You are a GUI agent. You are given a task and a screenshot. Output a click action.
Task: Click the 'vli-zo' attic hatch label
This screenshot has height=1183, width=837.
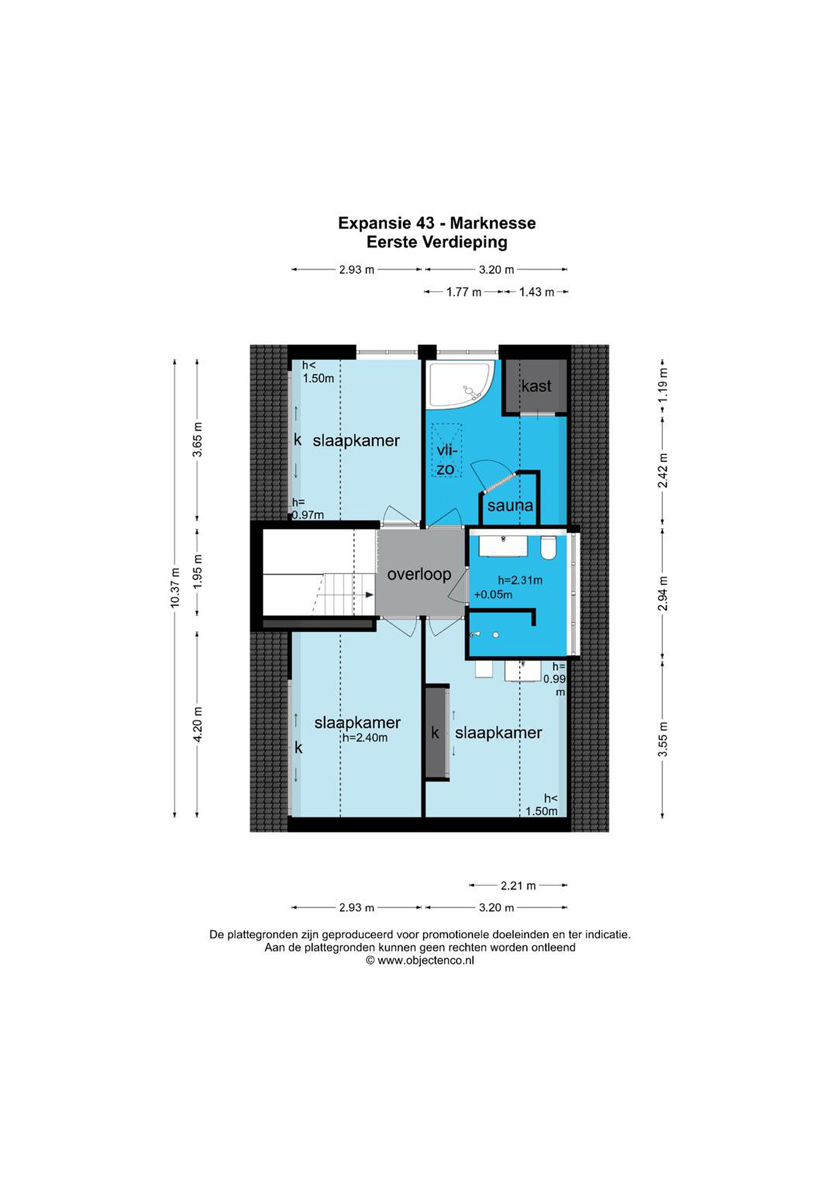point(446,460)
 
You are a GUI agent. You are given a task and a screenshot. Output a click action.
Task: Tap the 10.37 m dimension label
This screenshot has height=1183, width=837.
point(176,587)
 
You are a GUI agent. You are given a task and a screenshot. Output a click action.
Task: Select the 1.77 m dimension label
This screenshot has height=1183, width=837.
point(464,292)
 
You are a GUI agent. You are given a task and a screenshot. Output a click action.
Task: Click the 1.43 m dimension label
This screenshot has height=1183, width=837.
point(536,292)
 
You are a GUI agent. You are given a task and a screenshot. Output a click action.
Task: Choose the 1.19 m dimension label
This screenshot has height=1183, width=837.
point(663,385)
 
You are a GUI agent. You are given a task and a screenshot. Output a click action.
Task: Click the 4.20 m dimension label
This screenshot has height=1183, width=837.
point(198,725)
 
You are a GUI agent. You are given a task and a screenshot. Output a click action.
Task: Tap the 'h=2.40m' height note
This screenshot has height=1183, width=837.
point(365,738)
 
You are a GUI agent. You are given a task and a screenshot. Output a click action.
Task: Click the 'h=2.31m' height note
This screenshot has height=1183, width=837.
point(520,580)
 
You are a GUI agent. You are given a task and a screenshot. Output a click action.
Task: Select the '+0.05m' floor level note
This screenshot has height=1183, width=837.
point(493,595)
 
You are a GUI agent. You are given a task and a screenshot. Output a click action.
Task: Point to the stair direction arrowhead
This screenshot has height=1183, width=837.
point(369,595)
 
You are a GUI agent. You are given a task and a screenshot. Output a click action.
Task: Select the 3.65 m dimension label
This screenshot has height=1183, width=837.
point(198,439)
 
